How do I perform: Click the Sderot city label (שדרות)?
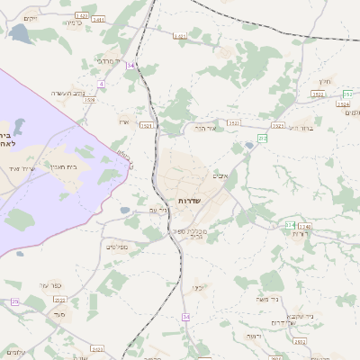click(189, 200)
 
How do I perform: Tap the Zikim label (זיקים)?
click(31, 18)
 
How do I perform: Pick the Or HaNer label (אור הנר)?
click(206, 128)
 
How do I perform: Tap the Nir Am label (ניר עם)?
click(132, 210)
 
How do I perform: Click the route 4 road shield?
click(102, 84)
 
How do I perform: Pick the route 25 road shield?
click(14, 301)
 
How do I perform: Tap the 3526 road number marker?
click(89, 100)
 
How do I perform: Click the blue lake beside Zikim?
click(20, 34)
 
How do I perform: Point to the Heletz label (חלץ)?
click(327, 79)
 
